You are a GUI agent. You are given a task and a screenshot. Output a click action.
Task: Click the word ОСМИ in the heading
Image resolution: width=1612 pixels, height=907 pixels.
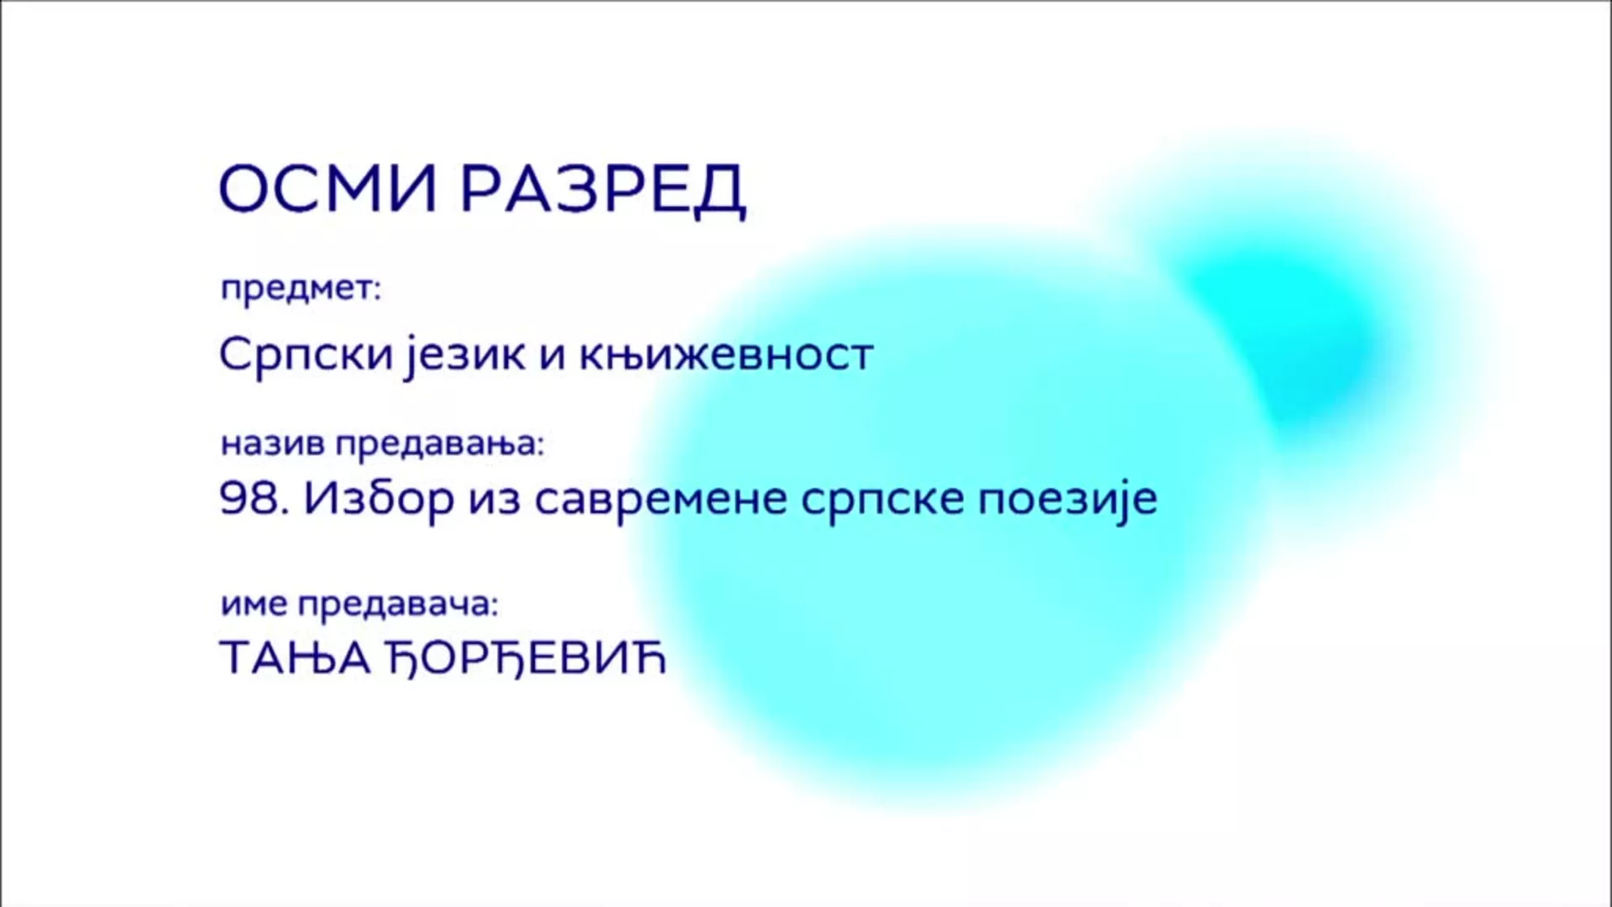pos(328,188)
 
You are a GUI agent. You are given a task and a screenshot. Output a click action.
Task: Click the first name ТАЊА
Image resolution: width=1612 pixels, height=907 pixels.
pos(295,658)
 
